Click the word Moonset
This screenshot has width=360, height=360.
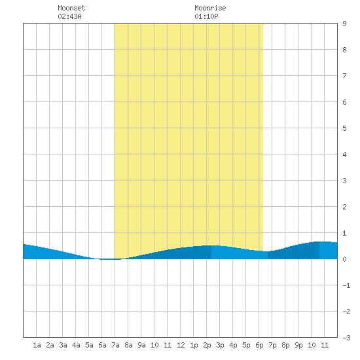[x=71, y=8]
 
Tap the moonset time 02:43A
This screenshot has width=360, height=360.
[x=69, y=16]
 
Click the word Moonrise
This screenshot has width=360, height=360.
[x=210, y=8]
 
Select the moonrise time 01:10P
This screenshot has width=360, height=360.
[x=206, y=16]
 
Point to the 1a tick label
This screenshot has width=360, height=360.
[x=37, y=345]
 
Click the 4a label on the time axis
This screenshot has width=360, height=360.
[x=76, y=345]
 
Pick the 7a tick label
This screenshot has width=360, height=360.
[x=115, y=345]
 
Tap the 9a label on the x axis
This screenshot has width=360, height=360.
[x=141, y=345]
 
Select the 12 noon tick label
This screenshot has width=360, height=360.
[x=181, y=345]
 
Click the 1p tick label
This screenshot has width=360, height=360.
[x=194, y=345]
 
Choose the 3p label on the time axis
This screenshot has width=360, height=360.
[x=220, y=345]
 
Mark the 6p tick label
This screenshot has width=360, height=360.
[x=259, y=345]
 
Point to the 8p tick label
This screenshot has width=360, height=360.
[x=285, y=345]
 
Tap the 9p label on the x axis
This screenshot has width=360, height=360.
[x=298, y=345]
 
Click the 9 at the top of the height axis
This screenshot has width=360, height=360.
[x=344, y=24]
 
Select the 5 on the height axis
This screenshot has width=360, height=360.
[x=344, y=128]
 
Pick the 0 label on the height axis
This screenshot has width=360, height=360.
[x=344, y=259]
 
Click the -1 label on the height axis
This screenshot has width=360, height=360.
[x=346, y=285]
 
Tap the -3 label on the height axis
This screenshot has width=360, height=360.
[x=346, y=338]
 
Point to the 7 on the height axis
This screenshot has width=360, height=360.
[x=344, y=76]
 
